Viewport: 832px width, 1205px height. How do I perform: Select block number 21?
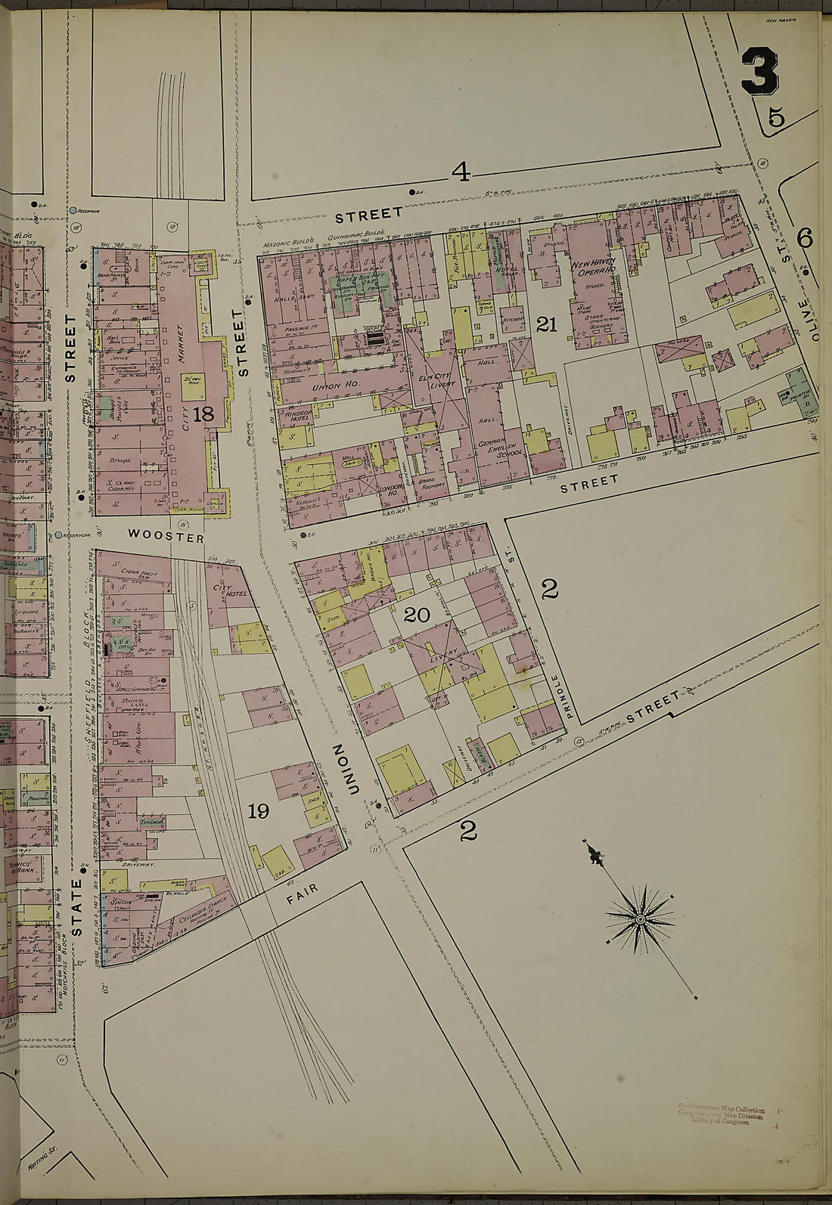click(546, 324)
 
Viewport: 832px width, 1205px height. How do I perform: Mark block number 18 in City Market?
click(203, 414)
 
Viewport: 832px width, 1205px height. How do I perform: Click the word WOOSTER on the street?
click(166, 536)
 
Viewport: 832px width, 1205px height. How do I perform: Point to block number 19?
click(258, 811)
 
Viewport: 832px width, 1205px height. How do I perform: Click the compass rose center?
click(640, 918)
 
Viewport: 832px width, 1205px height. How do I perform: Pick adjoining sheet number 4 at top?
click(461, 172)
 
